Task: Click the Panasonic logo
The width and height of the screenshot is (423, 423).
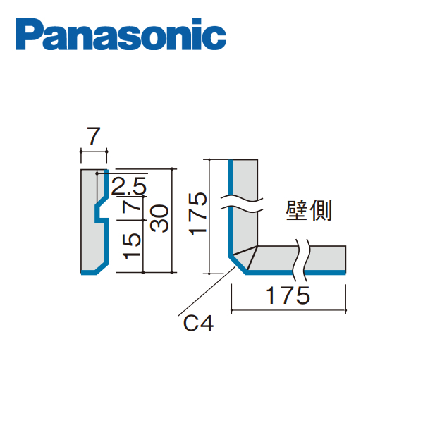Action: coord(123,35)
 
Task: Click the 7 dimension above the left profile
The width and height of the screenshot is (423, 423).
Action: coord(93,134)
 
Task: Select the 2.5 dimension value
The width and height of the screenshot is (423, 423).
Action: coord(128,187)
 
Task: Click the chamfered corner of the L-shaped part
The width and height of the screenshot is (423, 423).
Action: coord(238,264)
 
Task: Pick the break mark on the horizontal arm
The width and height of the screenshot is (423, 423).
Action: coord(304,257)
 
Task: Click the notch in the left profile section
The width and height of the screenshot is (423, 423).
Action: coord(102,210)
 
